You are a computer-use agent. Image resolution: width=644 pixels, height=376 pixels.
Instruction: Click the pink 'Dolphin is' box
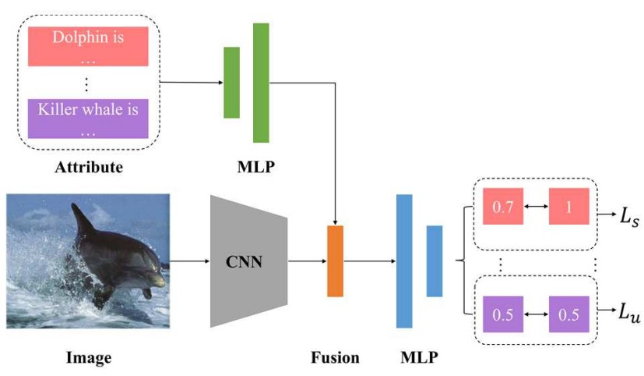coord(88,46)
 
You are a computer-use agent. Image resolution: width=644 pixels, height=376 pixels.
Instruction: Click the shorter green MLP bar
coord(231,83)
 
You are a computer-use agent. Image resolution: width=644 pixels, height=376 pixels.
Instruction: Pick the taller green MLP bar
coord(261,83)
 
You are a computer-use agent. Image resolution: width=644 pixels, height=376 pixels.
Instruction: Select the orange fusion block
coord(335,261)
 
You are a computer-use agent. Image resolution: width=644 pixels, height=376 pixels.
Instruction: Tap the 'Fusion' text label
coord(335,358)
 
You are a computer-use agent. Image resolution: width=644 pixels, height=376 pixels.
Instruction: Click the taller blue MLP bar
coord(404,261)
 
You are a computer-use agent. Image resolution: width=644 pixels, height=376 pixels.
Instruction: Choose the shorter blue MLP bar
coord(435,261)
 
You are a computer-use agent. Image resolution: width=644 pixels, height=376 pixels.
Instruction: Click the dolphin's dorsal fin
coord(80,221)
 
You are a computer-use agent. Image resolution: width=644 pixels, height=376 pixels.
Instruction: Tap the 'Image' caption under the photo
coord(88,358)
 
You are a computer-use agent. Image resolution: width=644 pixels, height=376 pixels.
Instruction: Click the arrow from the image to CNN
coord(189,261)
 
